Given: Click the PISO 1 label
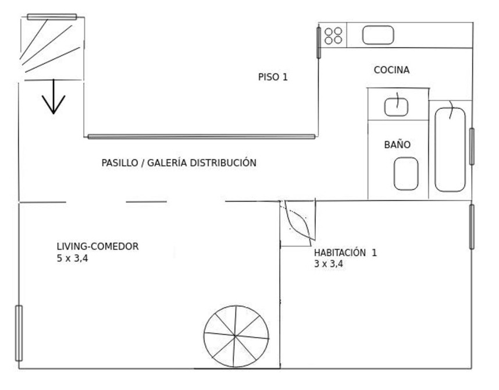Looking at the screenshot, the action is [273, 77].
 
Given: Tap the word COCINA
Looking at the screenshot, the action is [391, 70].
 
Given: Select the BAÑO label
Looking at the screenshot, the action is [397, 144].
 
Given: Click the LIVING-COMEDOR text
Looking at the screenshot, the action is [98, 246].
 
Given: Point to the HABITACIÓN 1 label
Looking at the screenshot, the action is [345, 253].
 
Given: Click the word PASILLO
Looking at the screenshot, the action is [120, 163].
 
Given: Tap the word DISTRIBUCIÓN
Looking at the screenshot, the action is [223, 163].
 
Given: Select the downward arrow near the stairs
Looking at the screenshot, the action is [54, 97].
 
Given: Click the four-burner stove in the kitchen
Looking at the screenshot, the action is [333, 36].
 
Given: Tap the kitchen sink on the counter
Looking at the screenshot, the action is [378, 36].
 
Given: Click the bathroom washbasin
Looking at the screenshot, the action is [396, 107].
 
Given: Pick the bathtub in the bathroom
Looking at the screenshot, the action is [450, 150].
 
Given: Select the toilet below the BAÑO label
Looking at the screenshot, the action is [406, 173].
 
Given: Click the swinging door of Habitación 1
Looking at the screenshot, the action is [298, 223].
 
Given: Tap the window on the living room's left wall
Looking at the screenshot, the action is [19, 333].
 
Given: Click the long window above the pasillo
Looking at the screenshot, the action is [201, 137].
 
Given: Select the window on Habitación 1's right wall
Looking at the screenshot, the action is [472, 226].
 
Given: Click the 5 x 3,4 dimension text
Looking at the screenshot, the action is [72, 258].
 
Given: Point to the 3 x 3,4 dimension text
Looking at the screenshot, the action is [329, 264].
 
